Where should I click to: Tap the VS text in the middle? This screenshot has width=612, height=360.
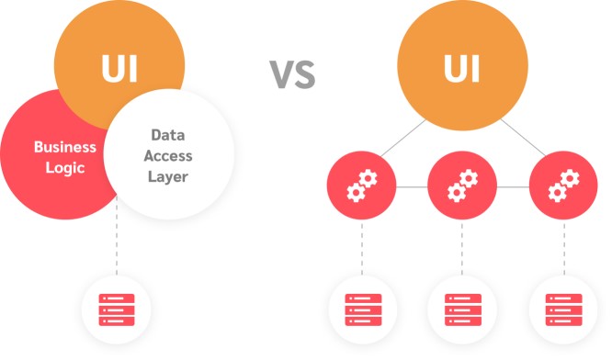(x=292, y=74)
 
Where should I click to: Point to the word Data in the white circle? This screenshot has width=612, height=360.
(x=167, y=134)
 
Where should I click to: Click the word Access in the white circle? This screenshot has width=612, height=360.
(x=167, y=155)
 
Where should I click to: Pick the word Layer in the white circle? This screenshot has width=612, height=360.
(x=167, y=175)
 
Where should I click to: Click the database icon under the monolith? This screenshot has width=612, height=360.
(x=117, y=309)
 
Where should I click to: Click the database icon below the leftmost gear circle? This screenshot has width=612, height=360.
(x=361, y=309)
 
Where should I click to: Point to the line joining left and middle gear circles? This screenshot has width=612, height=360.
(x=410, y=187)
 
